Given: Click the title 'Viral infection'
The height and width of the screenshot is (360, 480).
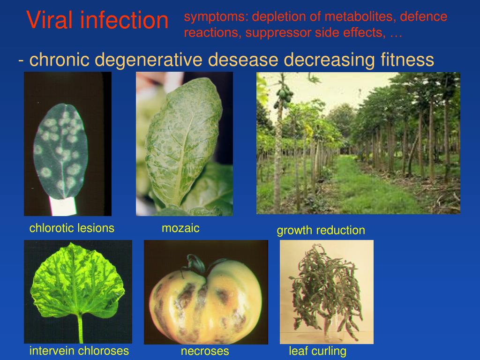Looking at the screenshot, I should coord(97,21).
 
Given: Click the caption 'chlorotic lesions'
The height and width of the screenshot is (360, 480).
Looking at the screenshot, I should coord(72,228).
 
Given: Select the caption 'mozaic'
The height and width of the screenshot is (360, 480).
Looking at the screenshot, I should coord(180,228).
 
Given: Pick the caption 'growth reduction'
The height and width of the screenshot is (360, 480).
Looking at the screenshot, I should coord(321,230).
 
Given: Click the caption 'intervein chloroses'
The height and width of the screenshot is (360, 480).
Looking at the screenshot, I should coord(79,351).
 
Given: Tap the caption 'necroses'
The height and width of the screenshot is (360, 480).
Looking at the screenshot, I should coord(205,351).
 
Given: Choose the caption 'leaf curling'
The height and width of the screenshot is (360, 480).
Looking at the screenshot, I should coord(317,351).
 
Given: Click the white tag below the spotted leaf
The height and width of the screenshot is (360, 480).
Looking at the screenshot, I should coord(62,205).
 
